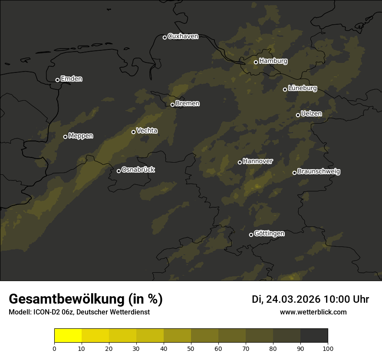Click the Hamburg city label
(x=273, y=61)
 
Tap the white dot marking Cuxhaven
(x=165, y=37)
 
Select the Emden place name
(x=71, y=79)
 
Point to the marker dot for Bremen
(x=172, y=105)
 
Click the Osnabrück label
(x=138, y=170)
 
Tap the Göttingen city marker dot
(x=251, y=235)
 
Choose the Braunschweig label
(x=319, y=172)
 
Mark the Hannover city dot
(x=240, y=162)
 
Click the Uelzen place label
(x=311, y=114)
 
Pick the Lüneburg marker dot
(x=285, y=89)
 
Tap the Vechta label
(x=147, y=131)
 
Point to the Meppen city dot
(x=65, y=137)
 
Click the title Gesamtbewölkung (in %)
(x=86, y=299)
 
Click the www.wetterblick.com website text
(x=313, y=312)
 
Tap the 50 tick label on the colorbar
(x=191, y=348)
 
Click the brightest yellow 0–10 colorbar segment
(x=68, y=335)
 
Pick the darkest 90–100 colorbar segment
(x=314, y=335)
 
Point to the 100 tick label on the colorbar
(x=328, y=348)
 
